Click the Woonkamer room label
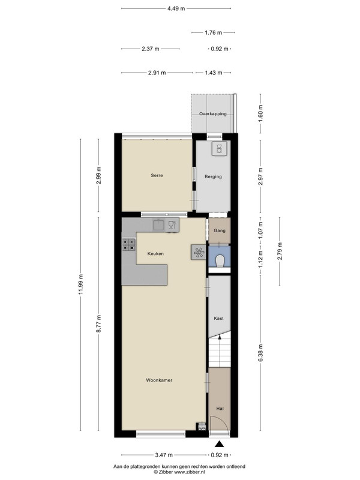(x=159, y=380)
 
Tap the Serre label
(x=157, y=175)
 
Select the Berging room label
(x=213, y=176)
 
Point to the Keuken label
(x=155, y=254)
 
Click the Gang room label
(x=220, y=230)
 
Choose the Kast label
(x=218, y=319)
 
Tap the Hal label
(x=220, y=409)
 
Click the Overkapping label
(x=213, y=113)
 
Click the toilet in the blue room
(x=220, y=261)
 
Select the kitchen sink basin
(x=158, y=225)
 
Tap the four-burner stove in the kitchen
(x=128, y=244)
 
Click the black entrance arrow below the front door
(x=219, y=444)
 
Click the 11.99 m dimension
(x=80, y=284)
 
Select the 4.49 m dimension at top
(x=176, y=8)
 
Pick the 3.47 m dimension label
(x=164, y=455)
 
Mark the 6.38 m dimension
(x=260, y=353)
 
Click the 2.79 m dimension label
(x=280, y=251)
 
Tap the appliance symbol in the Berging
(x=219, y=149)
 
